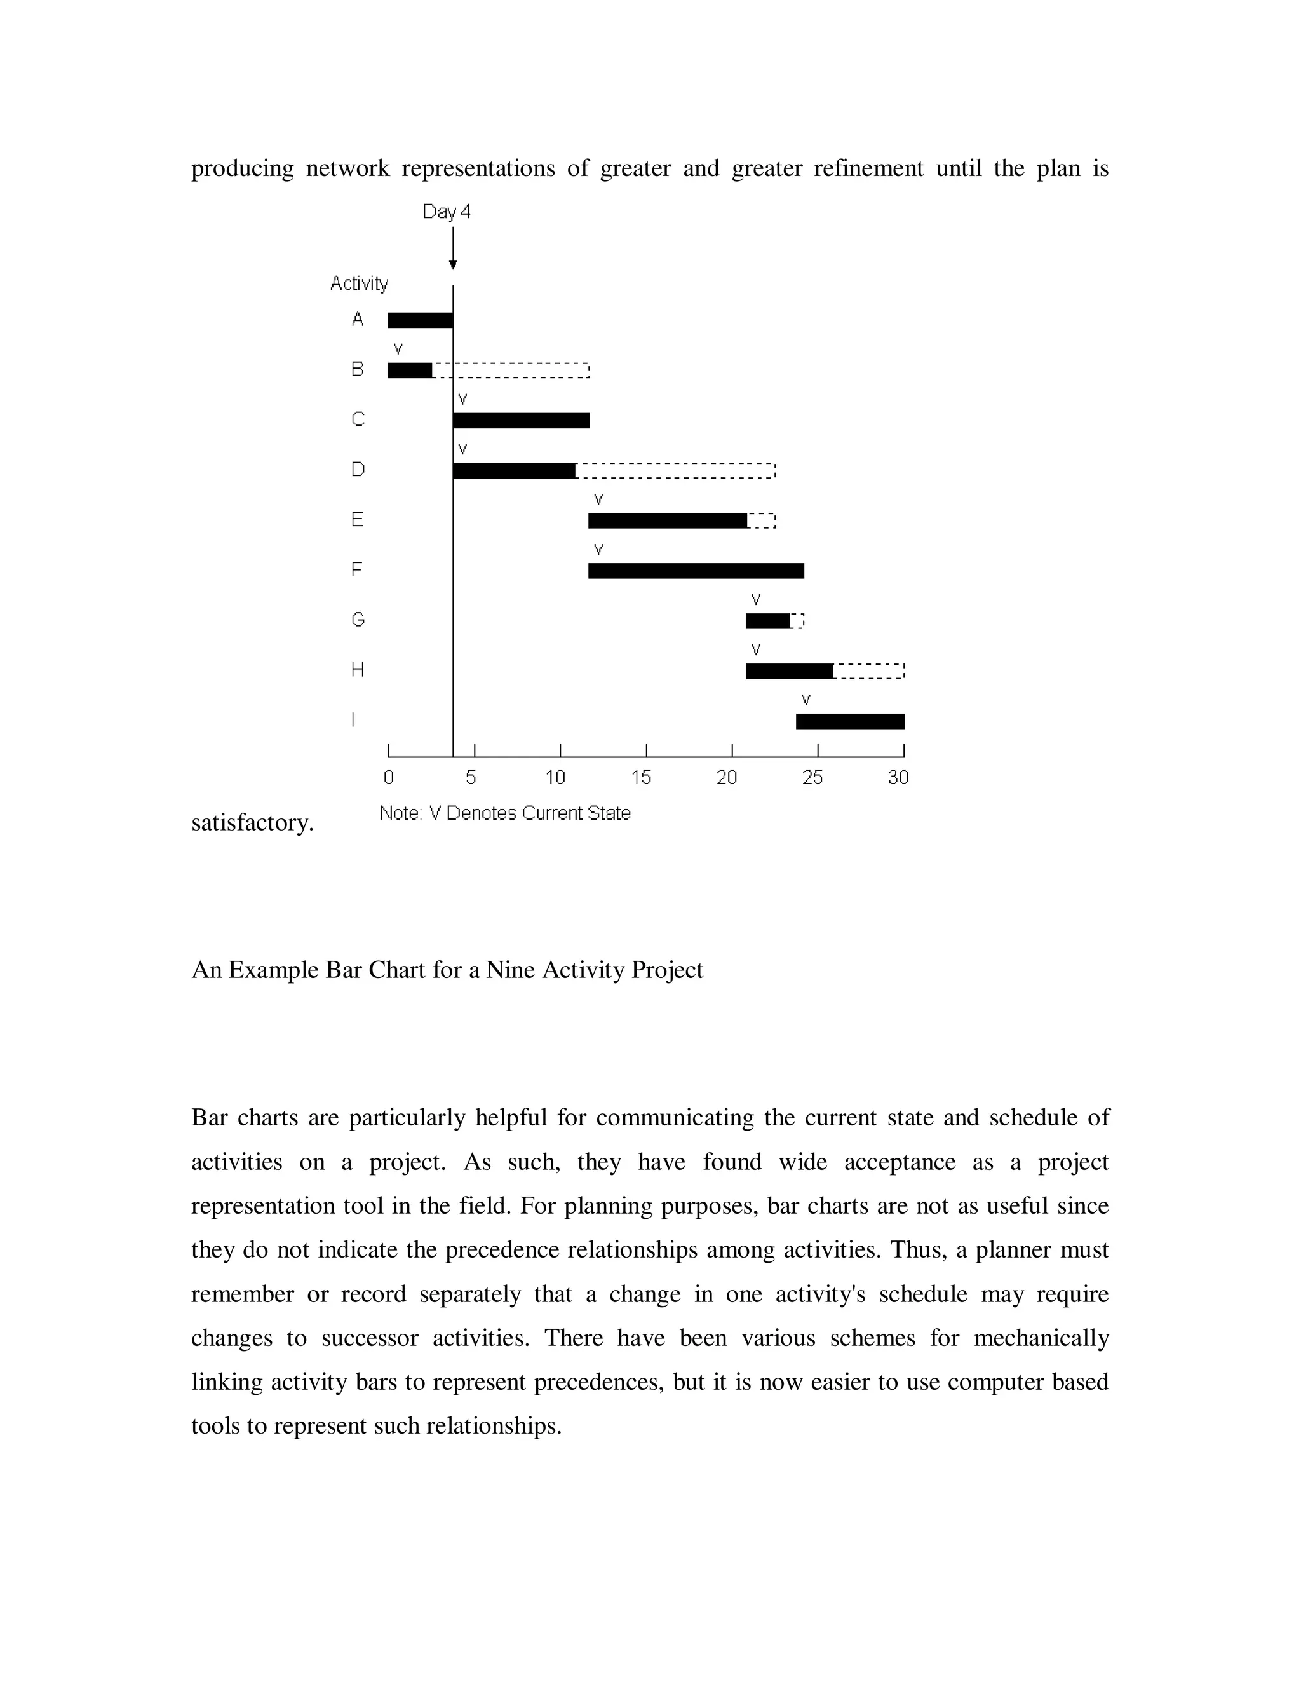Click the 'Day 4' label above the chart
click(x=446, y=211)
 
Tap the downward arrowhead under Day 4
click(x=453, y=264)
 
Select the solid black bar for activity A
click(x=420, y=320)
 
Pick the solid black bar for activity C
click(x=521, y=420)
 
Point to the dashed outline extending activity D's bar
click(x=675, y=470)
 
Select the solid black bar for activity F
click(x=696, y=571)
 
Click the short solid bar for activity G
click(x=767, y=621)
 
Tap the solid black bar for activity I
click(x=850, y=721)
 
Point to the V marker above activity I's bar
click(x=806, y=700)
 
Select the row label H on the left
click(x=358, y=669)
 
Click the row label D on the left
click(x=358, y=469)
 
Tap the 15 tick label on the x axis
click(x=641, y=777)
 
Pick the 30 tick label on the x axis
click(x=898, y=777)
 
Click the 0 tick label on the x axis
click(x=388, y=777)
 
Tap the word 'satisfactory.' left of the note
click(x=252, y=823)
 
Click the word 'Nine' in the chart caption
click(x=511, y=969)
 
